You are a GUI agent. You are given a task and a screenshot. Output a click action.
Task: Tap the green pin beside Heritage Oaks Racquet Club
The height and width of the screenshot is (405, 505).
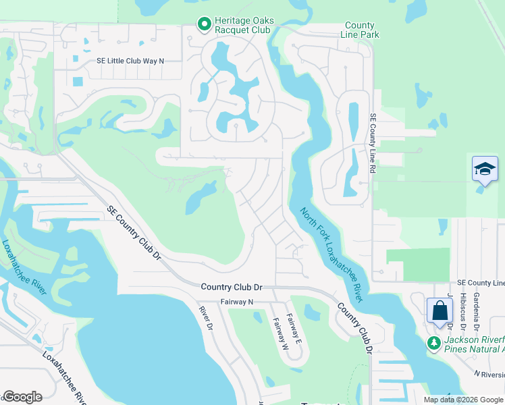coord(204,24)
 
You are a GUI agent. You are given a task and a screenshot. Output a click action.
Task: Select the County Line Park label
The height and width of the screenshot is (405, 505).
coord(361,30)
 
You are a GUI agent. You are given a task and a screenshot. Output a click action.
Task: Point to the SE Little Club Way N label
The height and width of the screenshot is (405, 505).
coord(130,61)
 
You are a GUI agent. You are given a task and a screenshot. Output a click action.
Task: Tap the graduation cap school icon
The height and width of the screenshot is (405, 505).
coord(485,169)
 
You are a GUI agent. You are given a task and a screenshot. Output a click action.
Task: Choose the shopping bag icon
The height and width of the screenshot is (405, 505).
coord(440,311)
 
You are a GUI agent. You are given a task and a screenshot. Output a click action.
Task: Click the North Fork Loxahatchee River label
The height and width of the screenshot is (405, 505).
coord(331,254)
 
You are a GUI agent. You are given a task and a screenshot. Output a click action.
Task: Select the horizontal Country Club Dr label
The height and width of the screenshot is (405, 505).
coord(231,287)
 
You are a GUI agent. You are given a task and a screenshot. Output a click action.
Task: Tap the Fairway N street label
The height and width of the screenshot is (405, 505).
coord(236,302)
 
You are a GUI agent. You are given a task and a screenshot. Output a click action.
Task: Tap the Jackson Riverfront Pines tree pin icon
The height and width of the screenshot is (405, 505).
coord(435,344)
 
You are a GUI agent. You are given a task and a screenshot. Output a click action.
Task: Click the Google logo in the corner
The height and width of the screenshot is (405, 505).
coord(22,396)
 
